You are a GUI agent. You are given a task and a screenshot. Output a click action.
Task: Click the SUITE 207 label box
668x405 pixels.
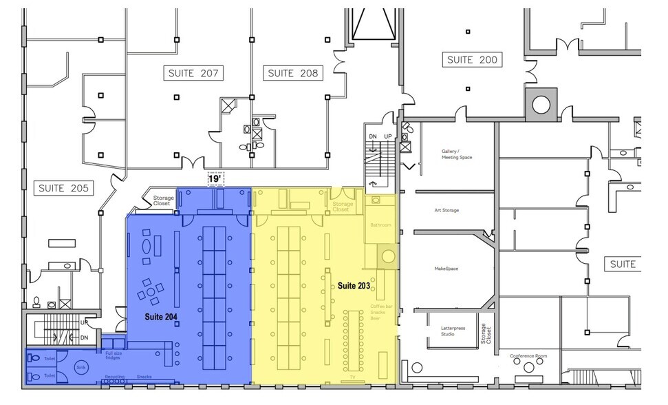tap(195, 73)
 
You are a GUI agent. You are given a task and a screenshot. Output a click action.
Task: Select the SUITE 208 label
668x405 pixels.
tap(293, 73)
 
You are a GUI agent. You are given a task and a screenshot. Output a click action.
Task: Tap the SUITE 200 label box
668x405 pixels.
tap(472, 60)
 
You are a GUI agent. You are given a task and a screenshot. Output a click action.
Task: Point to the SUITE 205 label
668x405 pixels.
tap(63, 187)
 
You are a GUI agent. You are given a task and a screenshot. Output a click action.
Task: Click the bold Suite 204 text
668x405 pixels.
tap(161, 317)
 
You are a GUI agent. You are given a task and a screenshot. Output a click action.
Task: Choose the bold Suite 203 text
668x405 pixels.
tap(354, 285)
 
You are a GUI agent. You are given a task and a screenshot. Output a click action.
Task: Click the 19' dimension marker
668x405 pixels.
tap(215, 178)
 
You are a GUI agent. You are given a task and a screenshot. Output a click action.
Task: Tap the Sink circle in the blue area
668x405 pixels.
tap(81, 367)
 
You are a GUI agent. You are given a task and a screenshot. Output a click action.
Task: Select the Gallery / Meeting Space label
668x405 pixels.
tap(457, 154)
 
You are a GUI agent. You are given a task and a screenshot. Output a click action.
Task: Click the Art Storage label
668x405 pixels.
tap(446, 210)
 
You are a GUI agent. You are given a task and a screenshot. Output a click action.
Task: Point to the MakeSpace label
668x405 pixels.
tap(446, 269)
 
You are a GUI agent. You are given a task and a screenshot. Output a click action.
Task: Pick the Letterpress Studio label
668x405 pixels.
tap(453, 331)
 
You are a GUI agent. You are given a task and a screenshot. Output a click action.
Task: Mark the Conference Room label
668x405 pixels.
tap(528, 356)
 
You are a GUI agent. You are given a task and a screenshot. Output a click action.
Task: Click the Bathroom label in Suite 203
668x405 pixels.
tap(380, 225)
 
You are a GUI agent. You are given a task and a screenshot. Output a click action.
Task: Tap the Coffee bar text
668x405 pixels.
tap(381, 305)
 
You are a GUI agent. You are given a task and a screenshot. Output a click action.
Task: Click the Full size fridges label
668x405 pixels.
tap(114, 355)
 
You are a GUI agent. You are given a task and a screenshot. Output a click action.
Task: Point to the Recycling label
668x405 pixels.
tap(115, 377)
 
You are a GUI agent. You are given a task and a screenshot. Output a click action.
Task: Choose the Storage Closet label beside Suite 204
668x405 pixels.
tap(163, 200)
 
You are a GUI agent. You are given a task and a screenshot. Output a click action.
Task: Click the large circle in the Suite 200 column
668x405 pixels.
tap(541, 104)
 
